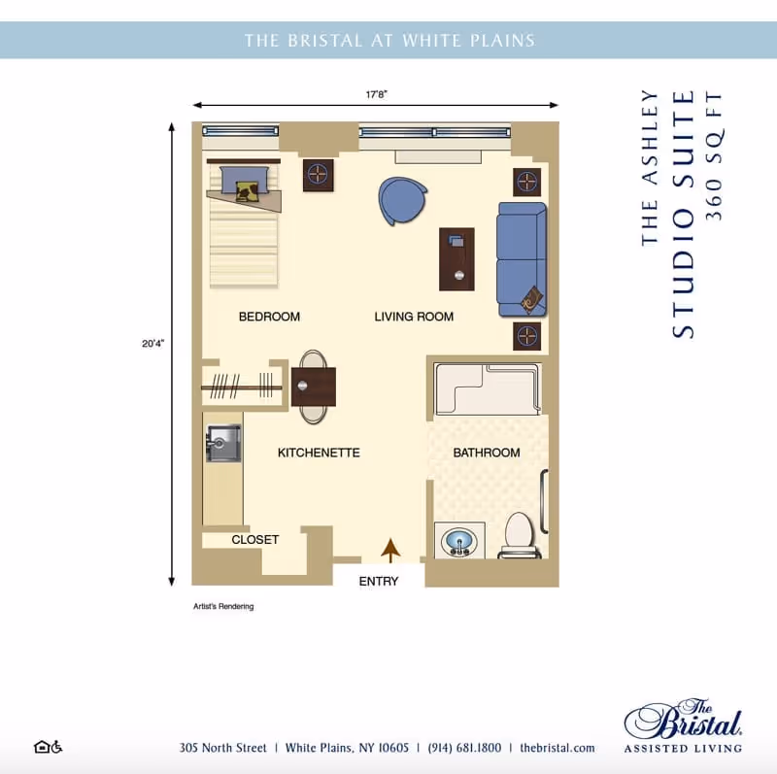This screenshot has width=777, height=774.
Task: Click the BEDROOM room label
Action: (x=269, y=317)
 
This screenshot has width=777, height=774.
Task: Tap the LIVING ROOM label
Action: (x=414, y=317)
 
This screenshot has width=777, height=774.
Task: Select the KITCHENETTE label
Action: (x=319, y=453)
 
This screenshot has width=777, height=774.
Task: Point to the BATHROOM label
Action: (x=486, y=453)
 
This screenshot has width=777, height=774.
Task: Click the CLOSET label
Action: (x=254, y=540)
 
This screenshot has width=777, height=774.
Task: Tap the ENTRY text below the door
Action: (x=379, y=582)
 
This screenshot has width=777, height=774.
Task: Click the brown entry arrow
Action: (x=390, y=551)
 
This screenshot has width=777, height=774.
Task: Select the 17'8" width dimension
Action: (x=377, y=95)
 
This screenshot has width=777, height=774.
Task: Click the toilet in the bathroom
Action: (x=519, y=535)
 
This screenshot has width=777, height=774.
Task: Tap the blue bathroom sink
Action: (x=458, y=541)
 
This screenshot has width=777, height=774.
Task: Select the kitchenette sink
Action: (x=223, y=444)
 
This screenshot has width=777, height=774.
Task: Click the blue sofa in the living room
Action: (x=522, y=258)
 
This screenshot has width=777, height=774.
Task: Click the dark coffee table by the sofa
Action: (x=456, y=259)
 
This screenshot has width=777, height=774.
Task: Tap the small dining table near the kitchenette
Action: (x=313, y=386)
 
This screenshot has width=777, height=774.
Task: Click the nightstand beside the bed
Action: (x=319, y=176)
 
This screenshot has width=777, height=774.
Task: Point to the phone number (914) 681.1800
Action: (x=464, y=748)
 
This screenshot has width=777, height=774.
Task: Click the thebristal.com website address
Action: (x=557, y=748)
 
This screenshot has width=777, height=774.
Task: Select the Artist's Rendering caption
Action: (x=224, y=606)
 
